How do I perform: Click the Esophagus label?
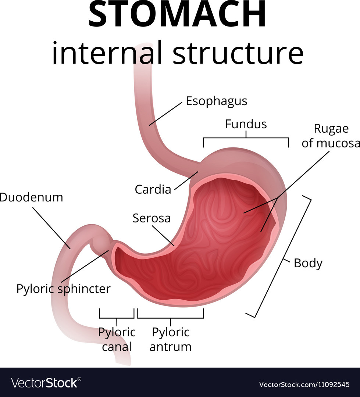click(x=216, y=101)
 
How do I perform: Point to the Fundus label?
click(x=246, y=124)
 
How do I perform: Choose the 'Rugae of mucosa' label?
click(x=330, y=136)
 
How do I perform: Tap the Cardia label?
click(x=153, y=189)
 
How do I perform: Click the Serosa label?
click(x=152, y=218)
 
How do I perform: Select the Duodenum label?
click(x=32, y=197)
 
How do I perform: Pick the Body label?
click(x=308, y=263)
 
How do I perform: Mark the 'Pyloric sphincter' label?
click(x=63, y=289)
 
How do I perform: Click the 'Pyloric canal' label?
click(x=117, y=339)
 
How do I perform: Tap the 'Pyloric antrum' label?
click(x=171, y=339)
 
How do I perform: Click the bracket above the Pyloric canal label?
click(x=117, y=317)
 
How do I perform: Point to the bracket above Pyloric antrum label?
click(x=171, y=317)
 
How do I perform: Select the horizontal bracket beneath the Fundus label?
click(x=246, y=139)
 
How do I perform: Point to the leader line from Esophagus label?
click(x=165, y=114)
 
